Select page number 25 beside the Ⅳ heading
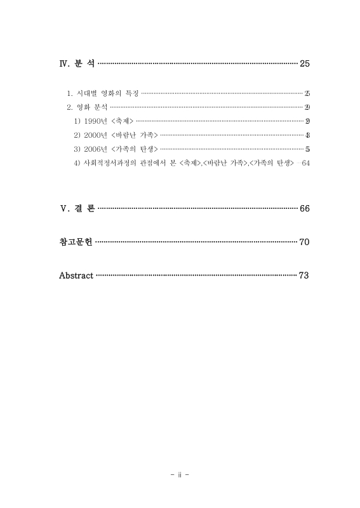tap(303, 64)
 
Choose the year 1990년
tap(95, 121)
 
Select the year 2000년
tap(95, 135)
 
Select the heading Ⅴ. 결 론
tap(77, 208)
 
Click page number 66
tap(303, 208)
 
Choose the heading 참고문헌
tap(75, 242)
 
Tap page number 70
tap(303, 242)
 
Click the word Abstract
tap(76, 276)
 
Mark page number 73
tap(303, 276)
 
